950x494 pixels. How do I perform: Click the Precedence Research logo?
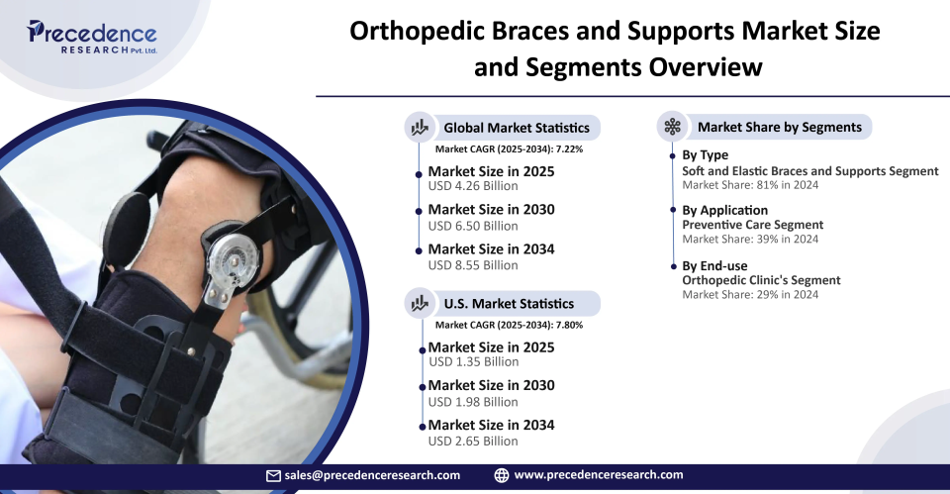coord(91,37)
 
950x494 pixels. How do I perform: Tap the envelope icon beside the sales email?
coord(273,476)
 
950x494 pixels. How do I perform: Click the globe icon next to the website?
coord(502,476)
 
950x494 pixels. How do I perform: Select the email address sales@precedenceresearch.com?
coord(372,476)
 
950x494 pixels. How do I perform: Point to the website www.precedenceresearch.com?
coord(599,475)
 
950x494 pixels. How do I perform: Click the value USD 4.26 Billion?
coord(473,186)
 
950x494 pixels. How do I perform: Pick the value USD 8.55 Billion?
coord(473,265)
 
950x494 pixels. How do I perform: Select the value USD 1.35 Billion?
coord(474,362)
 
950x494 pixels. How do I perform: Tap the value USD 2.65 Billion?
coord(473,442)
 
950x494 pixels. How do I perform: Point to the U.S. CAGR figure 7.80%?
coord(570,325)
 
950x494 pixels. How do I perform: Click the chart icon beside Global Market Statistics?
coord(420,128)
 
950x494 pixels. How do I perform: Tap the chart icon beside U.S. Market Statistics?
coord(420,303)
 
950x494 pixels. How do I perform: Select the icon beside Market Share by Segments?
coord(673,127)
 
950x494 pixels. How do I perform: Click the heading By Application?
coord(725,210)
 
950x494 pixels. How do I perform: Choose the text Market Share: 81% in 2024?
coord(750,185)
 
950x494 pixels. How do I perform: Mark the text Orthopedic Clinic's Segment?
coord(762,280)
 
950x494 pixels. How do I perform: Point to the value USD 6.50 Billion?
coord(473,226)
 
